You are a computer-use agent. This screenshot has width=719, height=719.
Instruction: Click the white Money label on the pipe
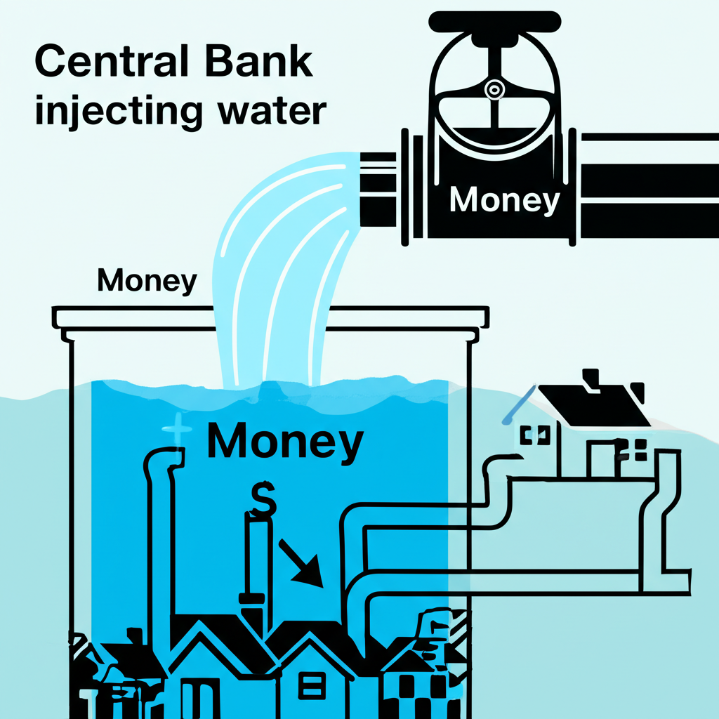(504, 200)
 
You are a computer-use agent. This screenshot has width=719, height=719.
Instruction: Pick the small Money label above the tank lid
(147, 281)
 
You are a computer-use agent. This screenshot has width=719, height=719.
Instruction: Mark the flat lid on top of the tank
(270, 317)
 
